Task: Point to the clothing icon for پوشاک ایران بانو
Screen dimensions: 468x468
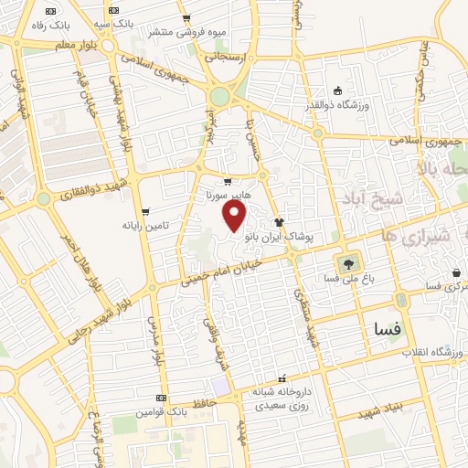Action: [279, 221]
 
